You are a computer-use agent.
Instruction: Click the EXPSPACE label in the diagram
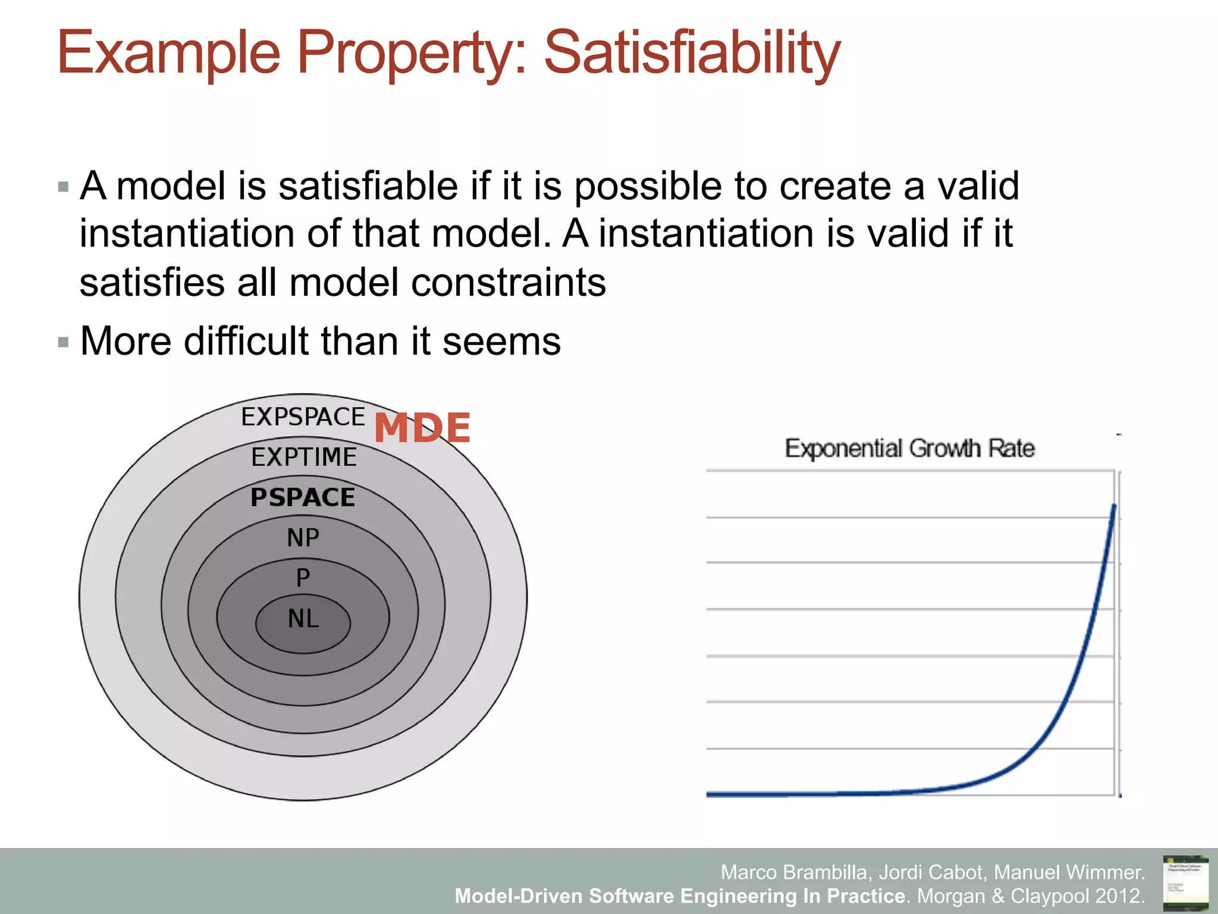303,417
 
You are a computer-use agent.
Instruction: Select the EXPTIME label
304,458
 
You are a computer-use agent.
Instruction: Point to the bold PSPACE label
303,497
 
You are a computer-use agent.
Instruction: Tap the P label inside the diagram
303,578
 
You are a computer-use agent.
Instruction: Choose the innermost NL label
303,619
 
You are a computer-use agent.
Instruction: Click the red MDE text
422,428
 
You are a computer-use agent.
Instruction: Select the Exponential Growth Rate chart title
909,448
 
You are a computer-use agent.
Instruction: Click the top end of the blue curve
1114,506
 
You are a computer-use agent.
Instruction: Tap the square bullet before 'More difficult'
64,342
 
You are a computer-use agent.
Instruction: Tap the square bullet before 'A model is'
64,187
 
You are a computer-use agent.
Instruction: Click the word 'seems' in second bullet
501,342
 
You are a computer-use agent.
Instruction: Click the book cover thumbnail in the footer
1185,882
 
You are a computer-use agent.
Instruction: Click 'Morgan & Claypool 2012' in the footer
1030,896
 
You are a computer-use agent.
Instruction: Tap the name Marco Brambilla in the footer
796,872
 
